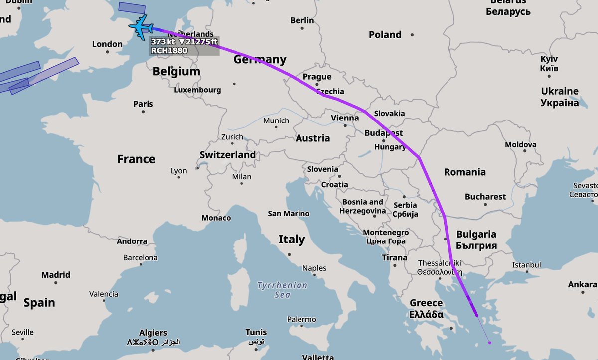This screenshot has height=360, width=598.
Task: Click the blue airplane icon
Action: pos(141,27)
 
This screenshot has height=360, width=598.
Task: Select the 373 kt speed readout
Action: pos(163,42)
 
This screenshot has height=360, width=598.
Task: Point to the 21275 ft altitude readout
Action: pos(198,42)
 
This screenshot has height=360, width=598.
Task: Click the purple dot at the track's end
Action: pos(490,342)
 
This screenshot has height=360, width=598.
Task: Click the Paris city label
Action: pos(143,104)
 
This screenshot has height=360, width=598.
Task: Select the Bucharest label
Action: pos(485,197)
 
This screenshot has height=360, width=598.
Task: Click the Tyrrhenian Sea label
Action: pos(282,290)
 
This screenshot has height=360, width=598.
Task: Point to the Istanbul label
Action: pos(526,265)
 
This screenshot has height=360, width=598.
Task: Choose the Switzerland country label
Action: pos(227,155)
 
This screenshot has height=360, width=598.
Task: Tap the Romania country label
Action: pos(464,172)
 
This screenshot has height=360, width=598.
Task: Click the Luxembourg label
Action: pos(197,90)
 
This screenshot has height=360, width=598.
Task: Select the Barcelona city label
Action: pos(140,258)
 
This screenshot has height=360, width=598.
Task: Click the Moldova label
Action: pos(520,145)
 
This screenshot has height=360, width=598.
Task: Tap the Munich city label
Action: pos(276,120)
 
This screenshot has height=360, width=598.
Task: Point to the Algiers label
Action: pos(153,333)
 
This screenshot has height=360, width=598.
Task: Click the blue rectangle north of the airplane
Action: pos(132,7)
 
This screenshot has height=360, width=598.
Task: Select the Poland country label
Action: pos(385,34)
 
